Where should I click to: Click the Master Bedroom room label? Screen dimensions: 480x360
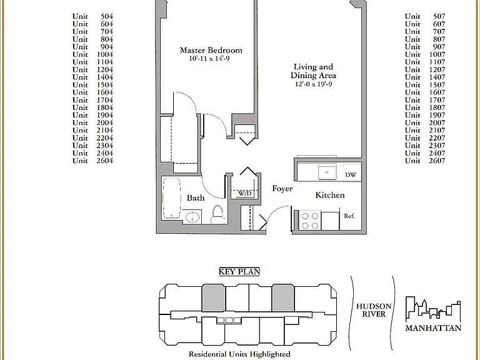211,50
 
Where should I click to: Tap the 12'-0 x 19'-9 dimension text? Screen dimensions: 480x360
313,84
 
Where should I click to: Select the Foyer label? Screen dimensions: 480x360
282,189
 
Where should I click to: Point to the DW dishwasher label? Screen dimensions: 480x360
351,175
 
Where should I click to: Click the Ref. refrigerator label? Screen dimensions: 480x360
349,216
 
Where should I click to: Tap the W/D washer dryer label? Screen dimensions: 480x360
244,194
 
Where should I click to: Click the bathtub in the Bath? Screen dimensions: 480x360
171,198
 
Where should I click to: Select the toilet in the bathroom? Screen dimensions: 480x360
217,214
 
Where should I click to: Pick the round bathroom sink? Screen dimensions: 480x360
192,217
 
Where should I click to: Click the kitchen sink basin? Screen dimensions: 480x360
327,172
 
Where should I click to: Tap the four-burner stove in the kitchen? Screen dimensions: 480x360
310,221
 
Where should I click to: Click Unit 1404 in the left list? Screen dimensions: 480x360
92,77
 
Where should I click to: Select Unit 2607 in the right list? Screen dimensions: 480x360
425,161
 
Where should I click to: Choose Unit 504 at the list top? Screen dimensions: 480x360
92,16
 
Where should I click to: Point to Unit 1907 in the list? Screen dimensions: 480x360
425,115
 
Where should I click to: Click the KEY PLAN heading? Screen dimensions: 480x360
239,271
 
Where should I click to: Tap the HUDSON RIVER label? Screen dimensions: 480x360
374,310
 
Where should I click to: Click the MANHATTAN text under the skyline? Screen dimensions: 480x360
433,328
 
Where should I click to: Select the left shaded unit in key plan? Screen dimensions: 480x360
214,298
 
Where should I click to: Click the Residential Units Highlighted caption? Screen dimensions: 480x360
239,354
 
